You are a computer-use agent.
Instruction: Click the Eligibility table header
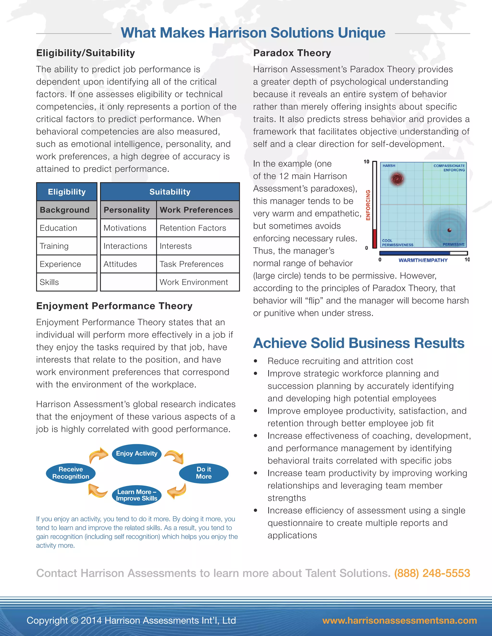pos(67,192)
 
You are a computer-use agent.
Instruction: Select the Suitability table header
pos(170,192)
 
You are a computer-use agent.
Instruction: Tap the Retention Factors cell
pos(193,228)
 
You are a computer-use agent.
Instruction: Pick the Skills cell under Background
pos(49,282)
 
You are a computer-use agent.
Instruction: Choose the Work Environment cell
pos(194,282)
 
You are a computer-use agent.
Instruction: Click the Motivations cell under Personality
pos(125,228)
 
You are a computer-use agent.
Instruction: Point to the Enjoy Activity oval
pos(136,453)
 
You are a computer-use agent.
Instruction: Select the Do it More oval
pos(203,473)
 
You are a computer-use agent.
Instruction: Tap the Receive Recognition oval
pos(71,473)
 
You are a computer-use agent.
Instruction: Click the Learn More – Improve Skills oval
pos(136,495)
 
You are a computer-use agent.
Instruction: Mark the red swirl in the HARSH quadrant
pos(397,179)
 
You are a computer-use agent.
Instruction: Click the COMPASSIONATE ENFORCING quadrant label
pos(449,168)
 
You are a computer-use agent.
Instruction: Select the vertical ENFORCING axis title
pos(368,205)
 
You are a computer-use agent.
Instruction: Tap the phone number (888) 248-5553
pos(432,573)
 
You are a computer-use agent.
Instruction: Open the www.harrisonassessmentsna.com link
pos(399,621)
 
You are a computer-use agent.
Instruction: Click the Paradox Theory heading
pos(292,53)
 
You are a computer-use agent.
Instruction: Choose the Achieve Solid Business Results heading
pos(358,343)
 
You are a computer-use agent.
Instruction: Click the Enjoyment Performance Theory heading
pos(114,306)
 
